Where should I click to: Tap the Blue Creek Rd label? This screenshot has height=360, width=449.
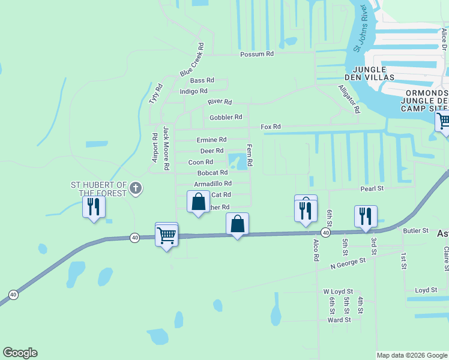click(193, 59)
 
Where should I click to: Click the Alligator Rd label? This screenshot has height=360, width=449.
click(348, 99)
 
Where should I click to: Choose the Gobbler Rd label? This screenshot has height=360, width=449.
click(226, 117)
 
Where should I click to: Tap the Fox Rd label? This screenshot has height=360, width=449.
click(271, 127)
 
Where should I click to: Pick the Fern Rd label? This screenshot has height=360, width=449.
click(249, 155)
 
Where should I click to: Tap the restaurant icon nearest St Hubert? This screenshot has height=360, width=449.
click(94, 207)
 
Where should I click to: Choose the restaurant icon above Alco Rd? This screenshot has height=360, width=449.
click(305, 210)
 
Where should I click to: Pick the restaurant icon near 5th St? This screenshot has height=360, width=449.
click(366, 216)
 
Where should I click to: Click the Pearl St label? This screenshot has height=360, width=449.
click(372, 189)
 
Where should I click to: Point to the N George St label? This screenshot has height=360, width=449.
click(348, 262)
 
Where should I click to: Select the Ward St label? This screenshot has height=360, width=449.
click(339, 320)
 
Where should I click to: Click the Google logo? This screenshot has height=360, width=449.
click(20, 353)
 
